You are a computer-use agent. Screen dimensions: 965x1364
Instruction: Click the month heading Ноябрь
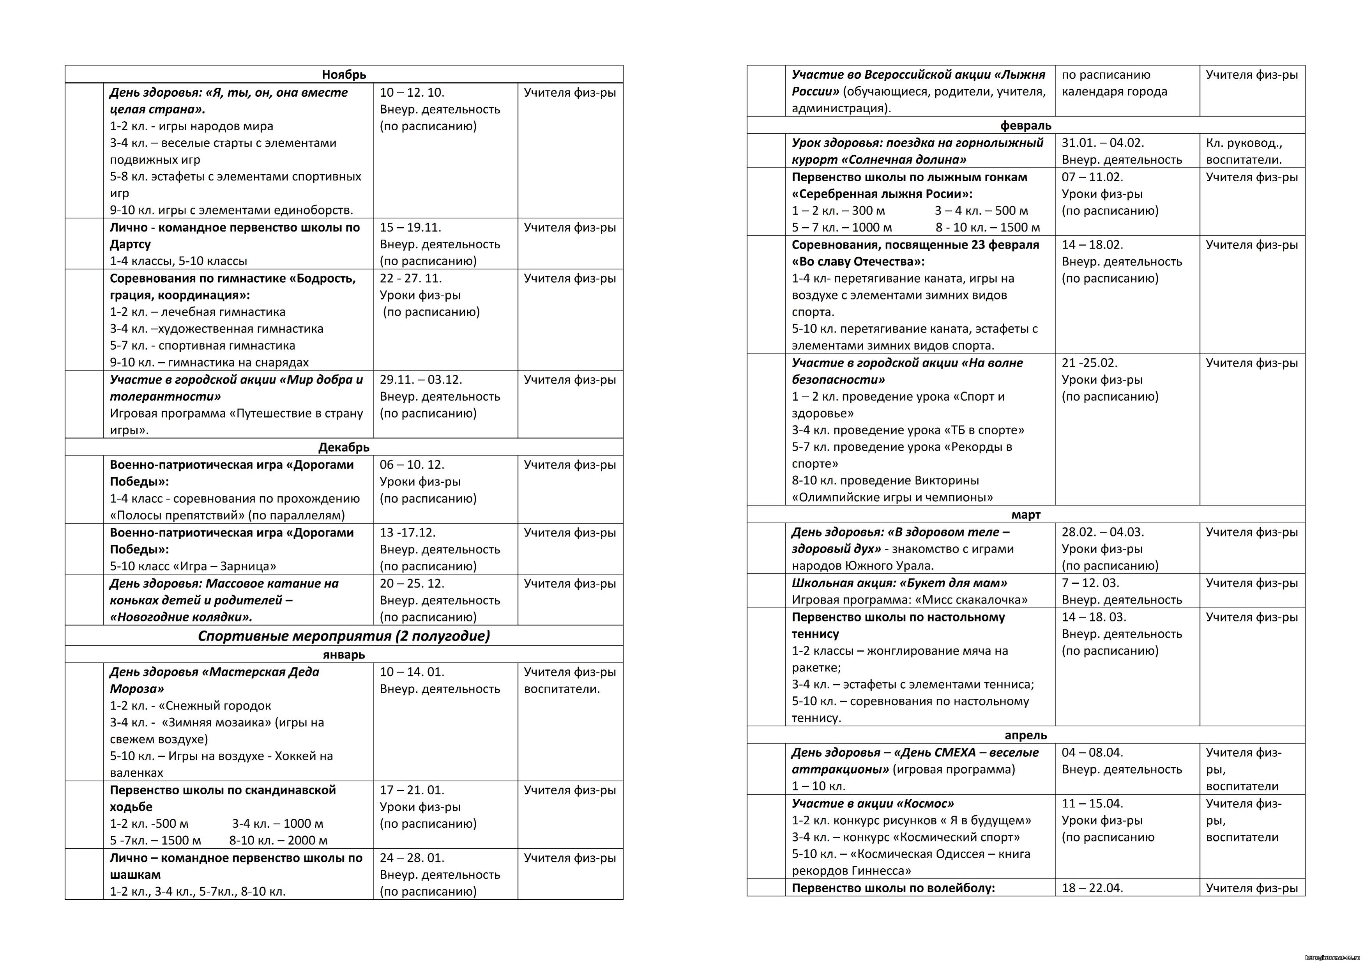coord(344,75)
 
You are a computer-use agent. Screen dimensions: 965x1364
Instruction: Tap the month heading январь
coord(344,655)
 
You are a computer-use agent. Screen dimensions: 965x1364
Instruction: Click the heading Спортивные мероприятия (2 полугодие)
coord(344,636)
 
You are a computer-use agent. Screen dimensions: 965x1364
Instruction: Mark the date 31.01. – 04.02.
coord(1103,143)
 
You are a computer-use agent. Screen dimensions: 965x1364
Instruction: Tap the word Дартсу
coord(130,244)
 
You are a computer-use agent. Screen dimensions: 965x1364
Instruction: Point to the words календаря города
coord(1115,92)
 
